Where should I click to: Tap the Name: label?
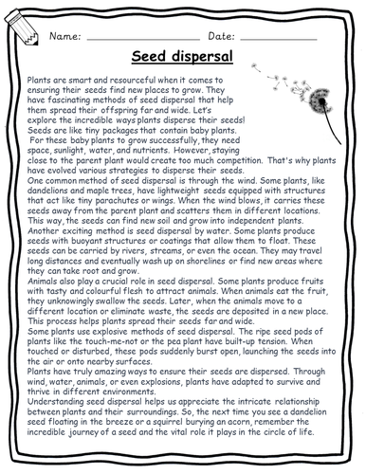coord(67,35)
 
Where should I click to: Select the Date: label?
coord(221,35)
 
